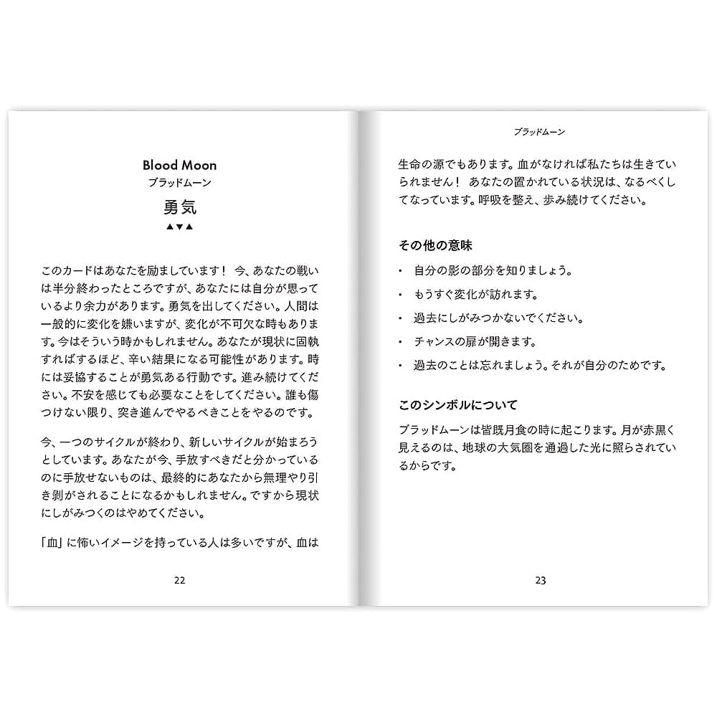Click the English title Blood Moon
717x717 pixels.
click(179, 165)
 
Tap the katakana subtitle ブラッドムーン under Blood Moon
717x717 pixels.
click(179, 183)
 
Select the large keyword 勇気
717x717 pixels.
click(179, 207)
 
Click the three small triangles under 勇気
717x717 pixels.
click(179, 227)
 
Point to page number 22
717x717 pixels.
click(179, 580)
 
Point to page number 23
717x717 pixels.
click(541, 580)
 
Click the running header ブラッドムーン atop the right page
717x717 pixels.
click(540, 132)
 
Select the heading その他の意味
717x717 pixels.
click(435, 245)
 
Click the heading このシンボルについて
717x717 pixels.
click(457, 405)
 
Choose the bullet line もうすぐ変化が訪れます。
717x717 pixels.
click(475, 295)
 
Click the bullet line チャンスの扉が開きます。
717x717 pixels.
click(475, 342)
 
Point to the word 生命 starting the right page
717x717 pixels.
click(409, 163)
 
